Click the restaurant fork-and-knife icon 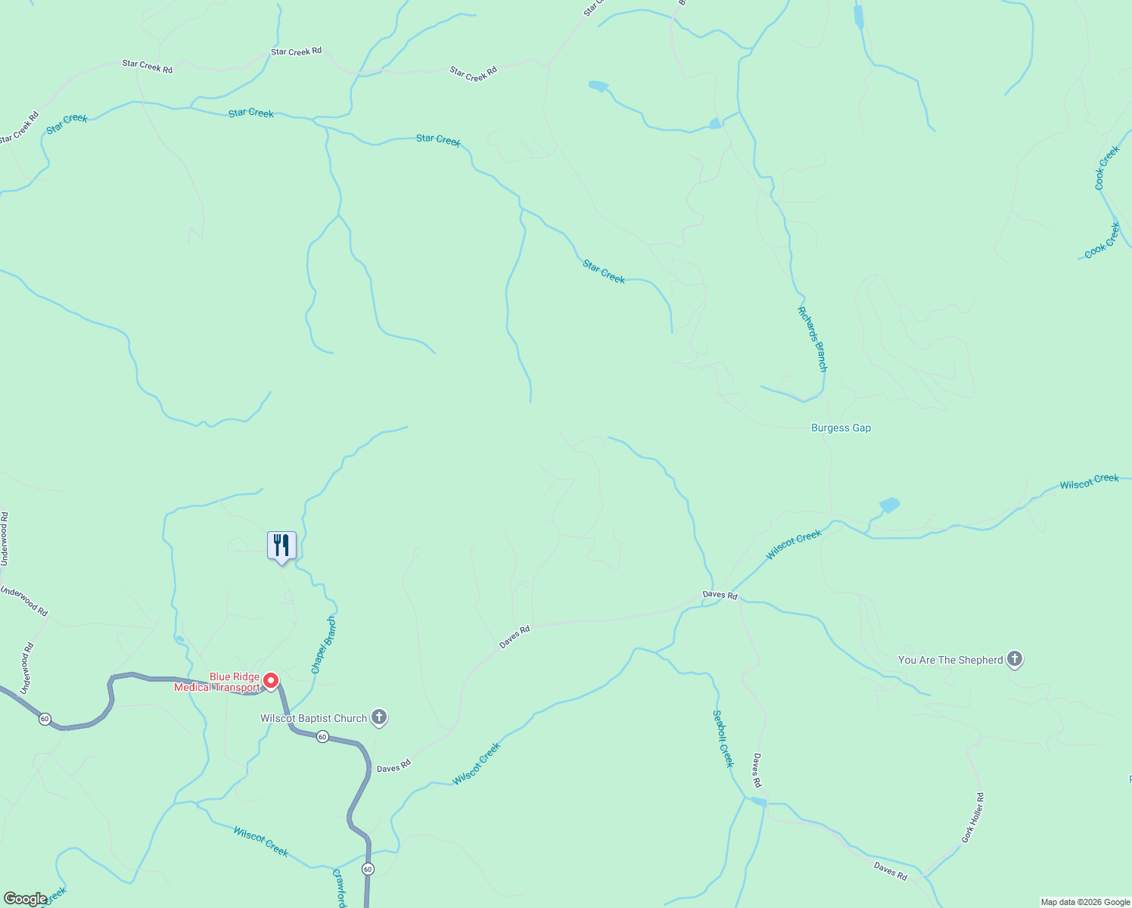[281, 545]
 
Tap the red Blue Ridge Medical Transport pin [271, 680]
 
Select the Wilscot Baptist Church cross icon [379, 717]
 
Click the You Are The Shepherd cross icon [1015, 659]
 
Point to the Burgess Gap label [841, 428]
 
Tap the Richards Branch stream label [812, 339]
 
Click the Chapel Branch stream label [324, 645]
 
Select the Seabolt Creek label [723, 739]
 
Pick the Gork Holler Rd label [973, 818]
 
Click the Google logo [25, 899]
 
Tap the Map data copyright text [1085, 902]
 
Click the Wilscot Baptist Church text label [313, 718]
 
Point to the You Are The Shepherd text [950, 660]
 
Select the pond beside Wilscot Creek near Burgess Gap [889, 505]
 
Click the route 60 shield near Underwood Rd [45, 719]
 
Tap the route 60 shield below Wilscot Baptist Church [322, 736]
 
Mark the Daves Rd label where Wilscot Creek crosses [720, 595]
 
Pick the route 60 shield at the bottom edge [368, 869]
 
